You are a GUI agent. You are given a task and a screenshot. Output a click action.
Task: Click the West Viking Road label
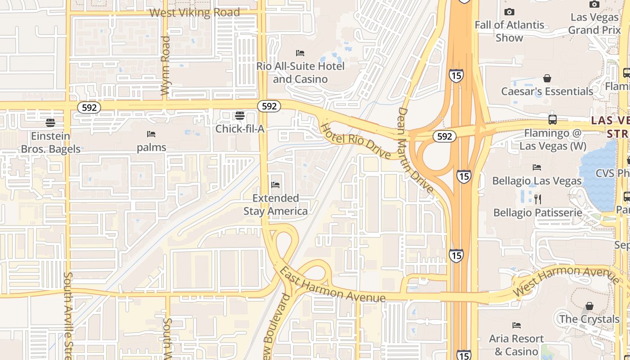[194, 13]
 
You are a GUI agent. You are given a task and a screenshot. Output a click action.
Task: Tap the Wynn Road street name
[165, 66]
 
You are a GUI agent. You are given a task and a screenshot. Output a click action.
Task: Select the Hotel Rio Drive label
[355, 140]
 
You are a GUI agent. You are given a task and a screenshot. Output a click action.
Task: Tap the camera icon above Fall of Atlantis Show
[509, 12]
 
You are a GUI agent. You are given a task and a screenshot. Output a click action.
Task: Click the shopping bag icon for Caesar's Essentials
[547, 79]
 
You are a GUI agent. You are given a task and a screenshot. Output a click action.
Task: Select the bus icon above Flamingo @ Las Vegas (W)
[553, 120]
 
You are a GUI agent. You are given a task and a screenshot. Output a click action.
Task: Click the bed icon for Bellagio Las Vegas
[537, 167]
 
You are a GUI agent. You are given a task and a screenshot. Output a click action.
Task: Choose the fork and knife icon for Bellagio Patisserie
[537, 199]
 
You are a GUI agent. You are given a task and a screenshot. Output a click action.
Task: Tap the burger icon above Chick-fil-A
[240, 116]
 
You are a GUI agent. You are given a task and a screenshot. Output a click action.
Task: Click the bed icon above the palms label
[151, 134]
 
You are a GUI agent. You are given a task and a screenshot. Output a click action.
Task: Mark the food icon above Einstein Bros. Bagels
[50, 123]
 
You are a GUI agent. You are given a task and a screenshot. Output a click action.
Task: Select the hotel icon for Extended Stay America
[276, 185]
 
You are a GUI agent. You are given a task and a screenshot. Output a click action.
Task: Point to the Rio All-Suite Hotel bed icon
[300, 53]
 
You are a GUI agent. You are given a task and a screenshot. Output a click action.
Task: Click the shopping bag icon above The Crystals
[589, 306]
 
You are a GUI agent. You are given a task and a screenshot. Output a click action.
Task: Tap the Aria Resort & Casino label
[516, 345]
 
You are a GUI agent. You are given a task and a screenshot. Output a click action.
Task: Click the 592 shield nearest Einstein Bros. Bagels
[89, 108]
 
